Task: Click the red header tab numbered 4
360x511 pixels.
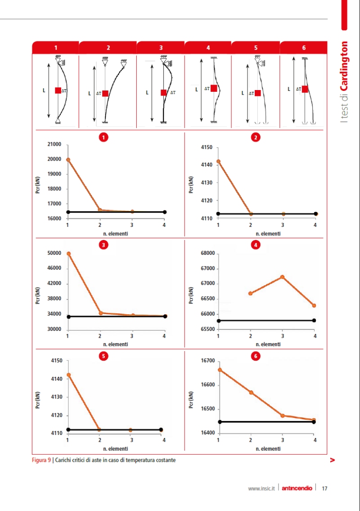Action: (208, 48)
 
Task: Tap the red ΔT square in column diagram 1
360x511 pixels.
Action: (58, 90)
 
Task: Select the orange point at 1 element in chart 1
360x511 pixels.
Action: (68, 160)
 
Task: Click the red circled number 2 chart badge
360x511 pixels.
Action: (256, 138)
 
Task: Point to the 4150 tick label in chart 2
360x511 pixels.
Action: (207, 147)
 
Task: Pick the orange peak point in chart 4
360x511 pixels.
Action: (283, 277)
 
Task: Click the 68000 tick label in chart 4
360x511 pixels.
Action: (207, 253)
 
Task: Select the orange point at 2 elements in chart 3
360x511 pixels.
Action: (100, 313)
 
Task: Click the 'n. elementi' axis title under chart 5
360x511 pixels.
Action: (116, 448)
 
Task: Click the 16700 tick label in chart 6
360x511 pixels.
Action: (207, 361)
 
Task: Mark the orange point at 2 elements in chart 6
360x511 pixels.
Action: (251, 393)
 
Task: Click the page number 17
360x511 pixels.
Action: (324, 488)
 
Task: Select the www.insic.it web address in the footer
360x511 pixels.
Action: (261, 488)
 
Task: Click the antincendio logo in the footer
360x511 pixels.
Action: (297, 488)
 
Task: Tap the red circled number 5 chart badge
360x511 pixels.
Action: (103, 356)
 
